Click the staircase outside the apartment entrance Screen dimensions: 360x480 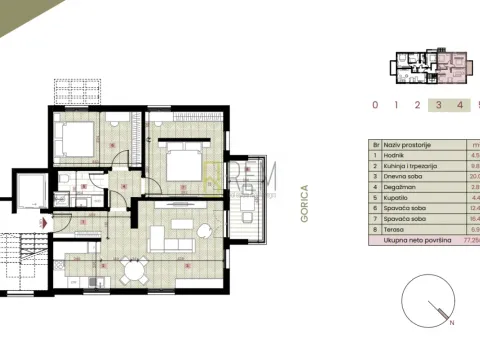pos(18,262)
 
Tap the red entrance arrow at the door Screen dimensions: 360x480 pos(42,222)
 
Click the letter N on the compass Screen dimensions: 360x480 pos(452,325)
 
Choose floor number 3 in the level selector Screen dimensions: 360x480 pos(437,104)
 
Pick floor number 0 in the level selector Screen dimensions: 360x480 pos(374,104)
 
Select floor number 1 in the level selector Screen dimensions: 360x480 pos(396,104)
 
